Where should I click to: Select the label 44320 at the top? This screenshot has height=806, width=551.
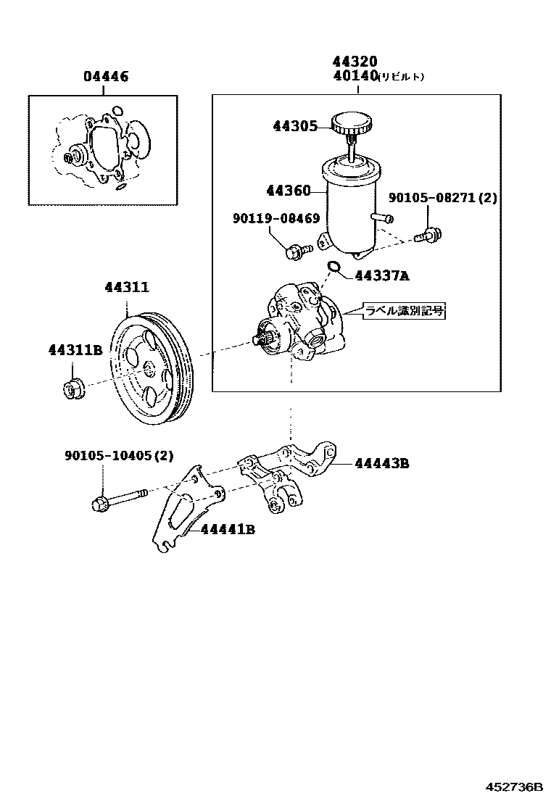click(355, 62)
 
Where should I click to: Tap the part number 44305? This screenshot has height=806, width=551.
click(295, 126)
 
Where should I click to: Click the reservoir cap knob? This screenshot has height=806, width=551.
click(351, 124)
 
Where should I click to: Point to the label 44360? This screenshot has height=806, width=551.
click(288, 191)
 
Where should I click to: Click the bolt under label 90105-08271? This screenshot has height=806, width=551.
click(431, 235)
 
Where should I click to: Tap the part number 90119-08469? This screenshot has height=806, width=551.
click(276, 218)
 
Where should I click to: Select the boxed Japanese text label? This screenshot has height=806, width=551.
click(403, 312)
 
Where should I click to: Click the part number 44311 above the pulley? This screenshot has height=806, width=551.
click(127, 287)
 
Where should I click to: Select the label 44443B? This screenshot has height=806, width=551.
click(381, 462)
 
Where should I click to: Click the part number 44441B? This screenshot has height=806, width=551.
click(228, 529)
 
